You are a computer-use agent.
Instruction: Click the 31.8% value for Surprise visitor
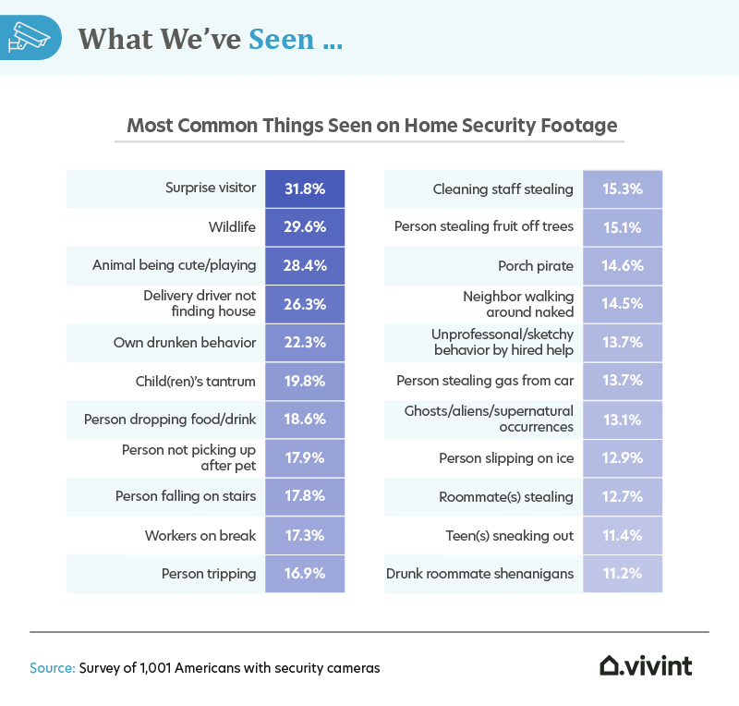pyautogui.click(x=304, y=189)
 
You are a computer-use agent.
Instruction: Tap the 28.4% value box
pyautogui.click(x=304, y=265)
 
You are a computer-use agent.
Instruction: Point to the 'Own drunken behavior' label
pyautogui.click(x=185, y=342)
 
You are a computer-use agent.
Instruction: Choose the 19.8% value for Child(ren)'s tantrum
pyautogui.click(x=304, y=381)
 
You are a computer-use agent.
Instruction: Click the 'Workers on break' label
pyautogui.click(x=200, y=535)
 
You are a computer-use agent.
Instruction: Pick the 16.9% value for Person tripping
pyautogui.click(x=304, y=574)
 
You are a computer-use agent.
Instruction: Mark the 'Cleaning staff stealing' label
pyautogui.click(x=503, y=189)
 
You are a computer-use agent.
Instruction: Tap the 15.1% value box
pyautogui.click(x=622, y=226)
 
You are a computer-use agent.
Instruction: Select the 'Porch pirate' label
pyautogui.click(x=535, y=265)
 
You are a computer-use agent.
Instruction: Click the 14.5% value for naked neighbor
pyautogui.click(x=622, y=304)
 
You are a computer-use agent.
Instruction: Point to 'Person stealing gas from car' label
pyautogui.click(x=485, y=381)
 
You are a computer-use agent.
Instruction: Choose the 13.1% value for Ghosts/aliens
pyautogui.click(x=622, y=420)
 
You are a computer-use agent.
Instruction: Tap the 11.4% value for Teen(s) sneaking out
pyautogui.click(x=622, y=535)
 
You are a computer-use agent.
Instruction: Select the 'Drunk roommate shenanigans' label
pyautogui.click(x=480, y=574)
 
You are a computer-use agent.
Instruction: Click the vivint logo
pyautogui.click(x=646, y=665)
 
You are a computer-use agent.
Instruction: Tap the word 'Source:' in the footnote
pyautogui.click(x=52, y=666)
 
